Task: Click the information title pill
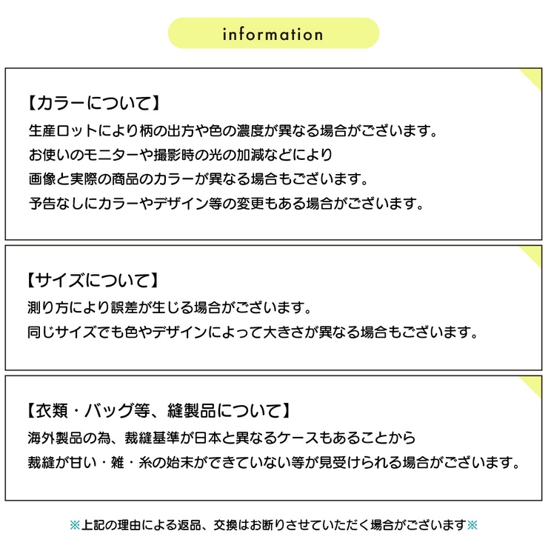(273, 34)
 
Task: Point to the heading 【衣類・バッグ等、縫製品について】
(156, 410)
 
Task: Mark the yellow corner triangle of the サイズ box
(533, 256)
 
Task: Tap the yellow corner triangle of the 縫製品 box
(533, 386)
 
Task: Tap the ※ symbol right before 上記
(76, 525)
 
